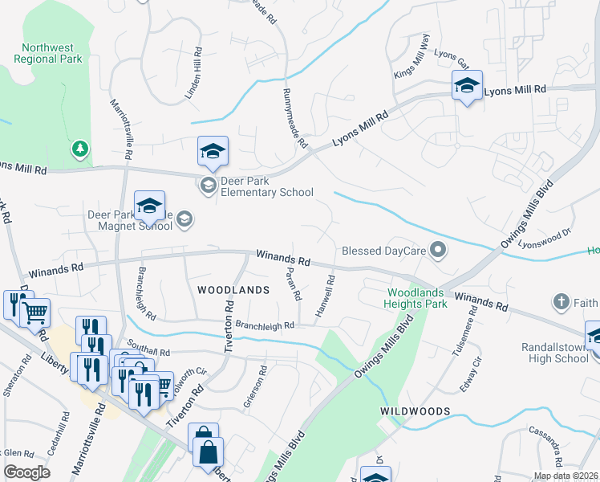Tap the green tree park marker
point(79,149)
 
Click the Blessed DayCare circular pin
point(438,251)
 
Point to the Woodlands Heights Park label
point(417,298)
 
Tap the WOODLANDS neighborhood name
point(233,289)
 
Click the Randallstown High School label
point(559,353)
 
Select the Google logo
point(26,472)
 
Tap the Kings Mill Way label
point(411,62)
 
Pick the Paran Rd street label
point(292,284)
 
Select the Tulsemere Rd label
point(465,337)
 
